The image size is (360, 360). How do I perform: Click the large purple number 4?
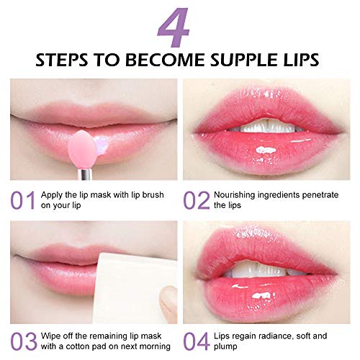click(x=179, y=27)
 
